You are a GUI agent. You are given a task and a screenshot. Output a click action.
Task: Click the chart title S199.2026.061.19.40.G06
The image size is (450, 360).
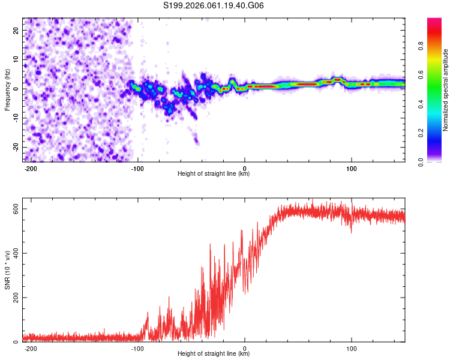coord(214,6)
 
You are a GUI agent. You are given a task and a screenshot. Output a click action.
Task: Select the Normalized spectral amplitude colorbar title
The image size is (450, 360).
coord(445,90)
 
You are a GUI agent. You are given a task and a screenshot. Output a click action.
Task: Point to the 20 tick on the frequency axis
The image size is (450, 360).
coord(16,30)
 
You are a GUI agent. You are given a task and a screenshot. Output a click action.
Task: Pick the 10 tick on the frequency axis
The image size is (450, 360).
coord(16,59)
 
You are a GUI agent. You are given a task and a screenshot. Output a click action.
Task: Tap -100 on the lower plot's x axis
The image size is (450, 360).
coord(137,348)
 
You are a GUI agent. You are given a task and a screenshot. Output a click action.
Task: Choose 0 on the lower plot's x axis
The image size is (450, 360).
coord(245,348)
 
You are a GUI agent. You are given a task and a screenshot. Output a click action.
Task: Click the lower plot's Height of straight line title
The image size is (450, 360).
coord(214,355)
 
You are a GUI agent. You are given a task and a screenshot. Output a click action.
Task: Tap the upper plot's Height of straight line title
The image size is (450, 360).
coord(214,175)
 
